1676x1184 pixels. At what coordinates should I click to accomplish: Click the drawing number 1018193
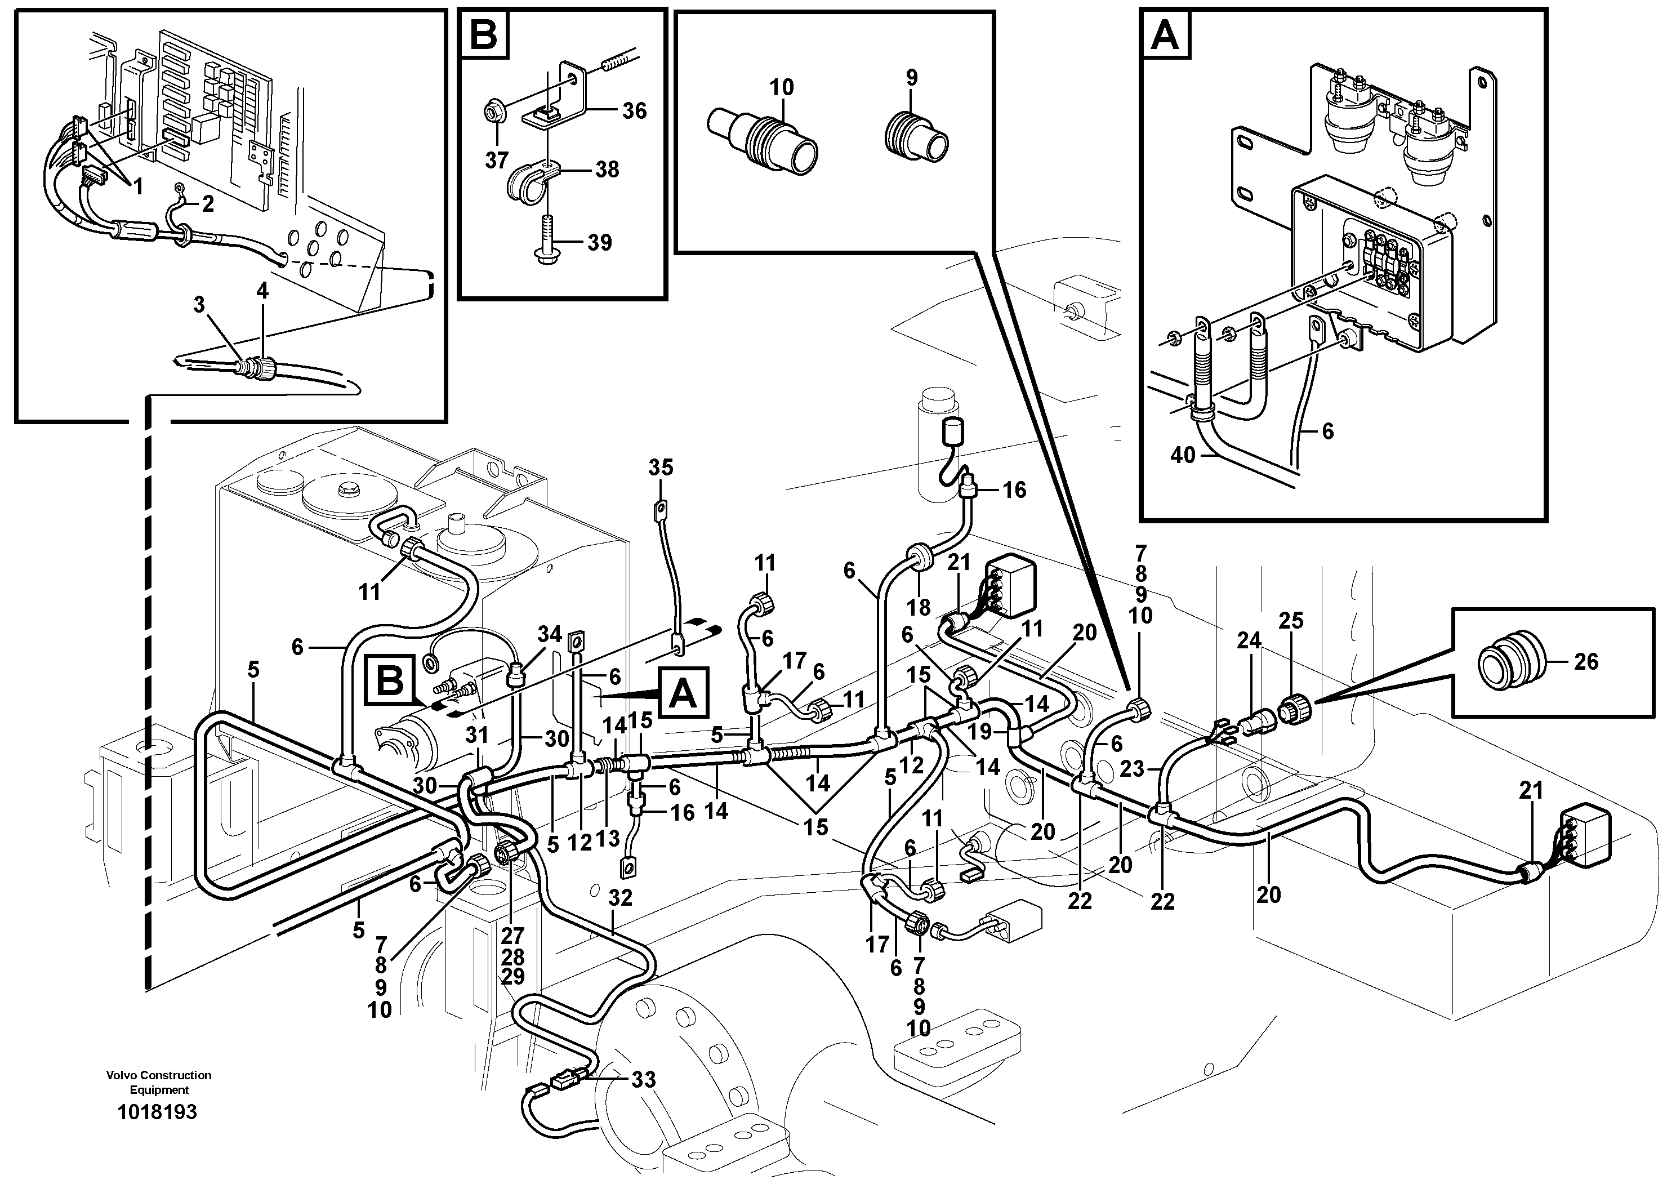coord(157,1112)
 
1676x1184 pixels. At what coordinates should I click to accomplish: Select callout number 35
coord(661,467)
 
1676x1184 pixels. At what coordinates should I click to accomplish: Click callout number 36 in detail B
coord(634,111)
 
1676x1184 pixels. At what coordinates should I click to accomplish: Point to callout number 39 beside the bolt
coord(599,242)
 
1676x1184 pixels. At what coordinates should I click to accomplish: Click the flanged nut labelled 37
coord(493,113)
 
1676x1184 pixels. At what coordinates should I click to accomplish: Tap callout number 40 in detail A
coord(1183,456)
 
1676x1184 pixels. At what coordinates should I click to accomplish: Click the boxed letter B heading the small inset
coord(483,34)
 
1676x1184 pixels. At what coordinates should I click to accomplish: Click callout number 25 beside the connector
coord(1291,621)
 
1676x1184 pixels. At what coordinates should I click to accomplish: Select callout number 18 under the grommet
coord(919,607)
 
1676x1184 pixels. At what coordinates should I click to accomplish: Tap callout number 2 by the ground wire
coord(208,204)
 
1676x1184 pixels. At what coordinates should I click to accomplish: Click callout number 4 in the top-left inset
coord(262,291)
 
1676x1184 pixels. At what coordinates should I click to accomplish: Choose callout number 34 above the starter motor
coord(550,634)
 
